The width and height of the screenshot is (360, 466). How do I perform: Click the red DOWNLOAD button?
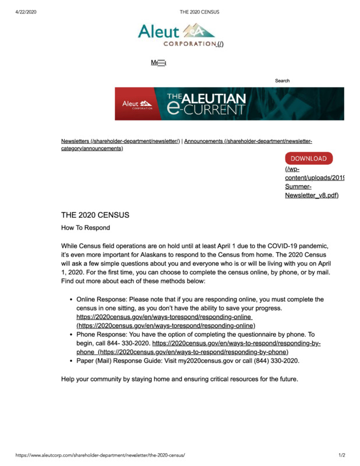(x=309, y=158)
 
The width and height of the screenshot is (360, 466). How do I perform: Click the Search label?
(x=282, y=81)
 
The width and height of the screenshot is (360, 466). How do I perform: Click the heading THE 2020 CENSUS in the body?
(x=95, y=215)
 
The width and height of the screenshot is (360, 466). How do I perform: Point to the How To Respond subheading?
(x=86, y=228)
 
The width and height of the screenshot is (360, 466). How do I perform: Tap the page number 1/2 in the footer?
(x=341, y=454)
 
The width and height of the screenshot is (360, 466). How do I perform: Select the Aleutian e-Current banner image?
(x=229, y=104)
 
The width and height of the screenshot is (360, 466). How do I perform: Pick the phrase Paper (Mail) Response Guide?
(x=125, y=361)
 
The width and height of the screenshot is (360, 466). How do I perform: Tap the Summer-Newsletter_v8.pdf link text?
(x=311, y=191)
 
